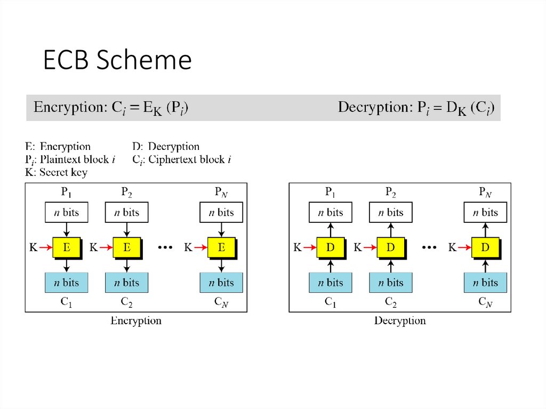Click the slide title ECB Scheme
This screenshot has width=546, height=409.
(x=117, y=60)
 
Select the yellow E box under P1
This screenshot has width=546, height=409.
(x=66, y=247)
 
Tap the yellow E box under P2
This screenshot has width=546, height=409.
(x=126, y=247)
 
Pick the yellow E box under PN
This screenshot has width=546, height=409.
(x=221, y=247)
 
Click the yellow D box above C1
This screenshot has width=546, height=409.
(x=331, y=247)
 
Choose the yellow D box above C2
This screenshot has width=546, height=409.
(x=391, y=247)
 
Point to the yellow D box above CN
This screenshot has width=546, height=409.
(x=485, y=247)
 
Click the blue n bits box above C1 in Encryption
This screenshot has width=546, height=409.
(x=66, y=282)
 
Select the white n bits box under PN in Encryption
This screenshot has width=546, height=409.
(x=221, y=212)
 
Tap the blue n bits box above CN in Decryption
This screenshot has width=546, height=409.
(x=485, y=282)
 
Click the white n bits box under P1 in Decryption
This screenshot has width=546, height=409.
(x=331, y=212)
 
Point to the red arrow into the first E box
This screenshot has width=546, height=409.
(x=46, y=247)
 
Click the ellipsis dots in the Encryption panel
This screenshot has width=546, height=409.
(x=165, y=247)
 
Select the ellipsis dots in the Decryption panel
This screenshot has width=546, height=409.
(x=430, y=247)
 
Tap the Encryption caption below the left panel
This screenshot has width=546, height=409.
(x=136, y=321)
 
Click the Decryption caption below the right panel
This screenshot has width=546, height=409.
(x=400, y=321)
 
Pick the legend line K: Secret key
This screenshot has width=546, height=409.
(x=56, y=172)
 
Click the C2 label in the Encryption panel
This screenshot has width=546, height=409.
(x=126, y=302)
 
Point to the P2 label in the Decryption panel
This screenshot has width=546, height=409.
(x=391, y=192)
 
